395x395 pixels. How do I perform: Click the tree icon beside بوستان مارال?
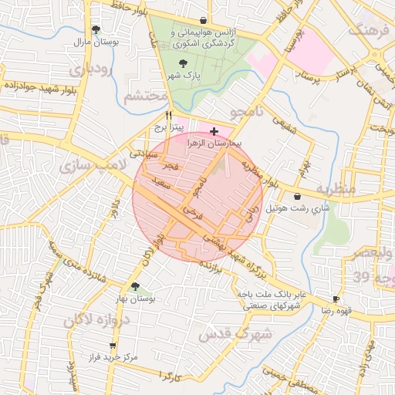coord(95,29)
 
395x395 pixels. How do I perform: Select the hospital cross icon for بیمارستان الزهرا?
coord(214,132)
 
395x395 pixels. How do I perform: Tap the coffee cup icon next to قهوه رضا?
coord(336,299)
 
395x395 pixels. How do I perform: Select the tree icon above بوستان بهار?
coord(135,286)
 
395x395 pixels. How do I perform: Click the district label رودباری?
coord(90,70)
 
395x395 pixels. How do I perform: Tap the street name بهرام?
coord(305,167)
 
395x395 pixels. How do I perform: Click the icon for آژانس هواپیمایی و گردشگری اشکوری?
coord(203,21)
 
